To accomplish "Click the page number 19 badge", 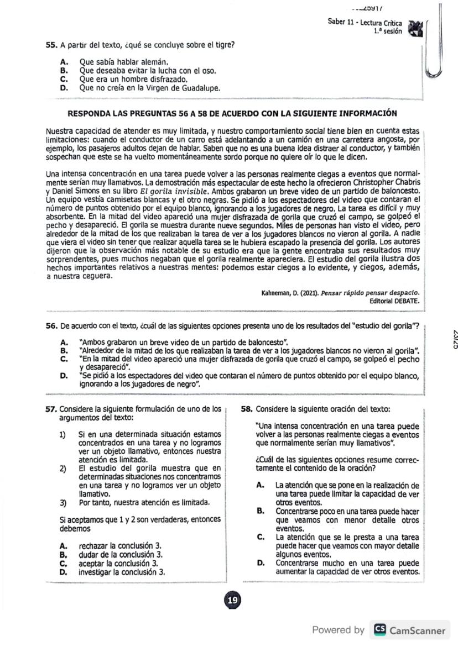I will pos(232,600).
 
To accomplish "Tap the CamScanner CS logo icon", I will pos(379,630).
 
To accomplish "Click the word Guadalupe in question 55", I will pos(200,87).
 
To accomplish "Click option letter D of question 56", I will pos(64,377).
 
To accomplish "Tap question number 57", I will pos(51,409).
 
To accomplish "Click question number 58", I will pos(247,409).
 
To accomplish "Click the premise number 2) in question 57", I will pos(63,469).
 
